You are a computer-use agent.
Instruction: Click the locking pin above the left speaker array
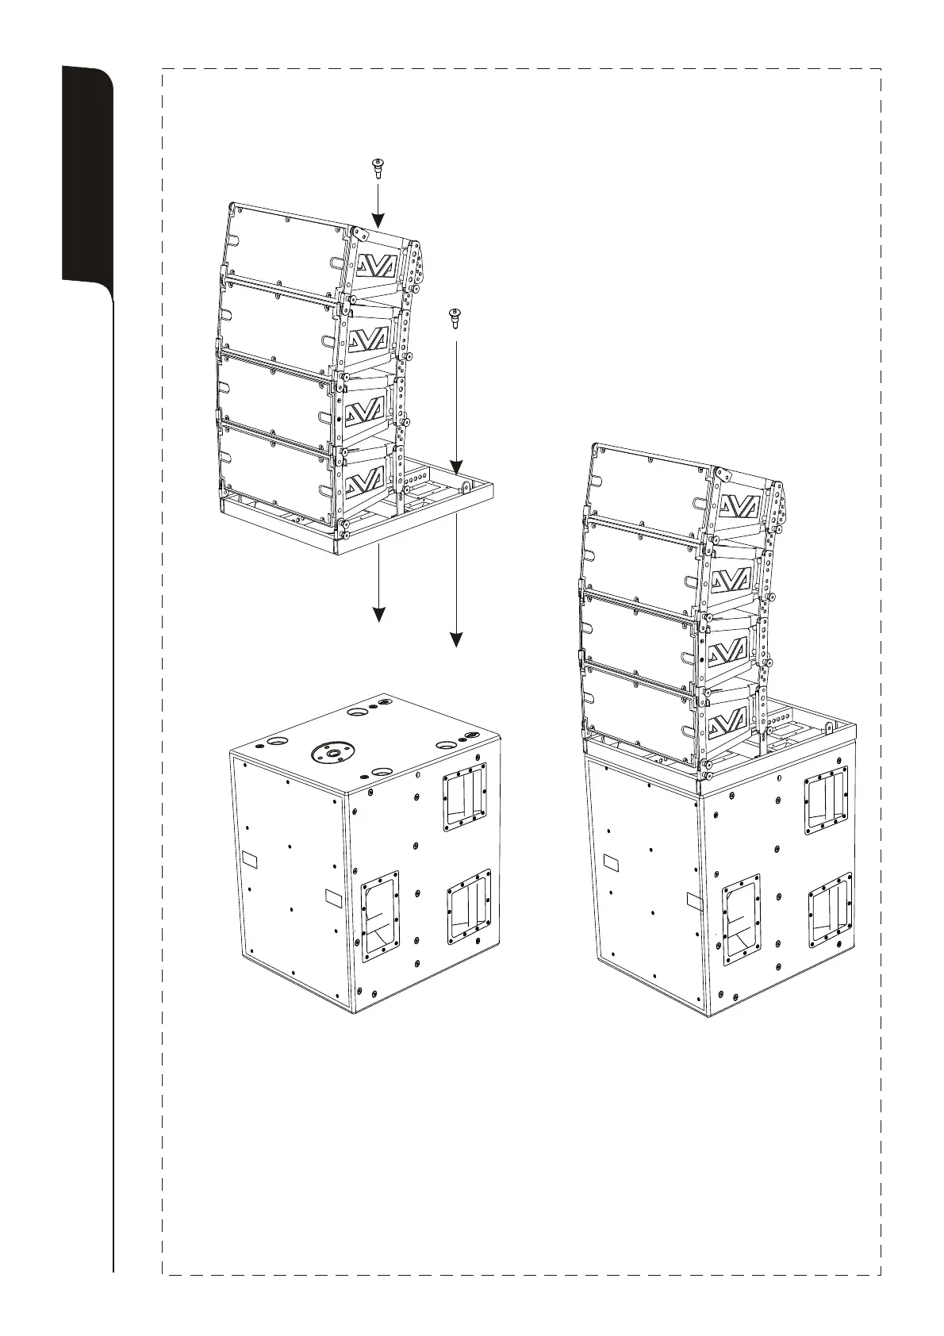(377, 168)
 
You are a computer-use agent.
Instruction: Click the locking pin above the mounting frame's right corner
(455, 317)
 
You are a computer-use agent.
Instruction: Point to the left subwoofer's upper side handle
(466, 797)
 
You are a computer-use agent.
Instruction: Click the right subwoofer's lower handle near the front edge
(741, 915)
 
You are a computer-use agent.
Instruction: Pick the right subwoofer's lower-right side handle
(830, 908)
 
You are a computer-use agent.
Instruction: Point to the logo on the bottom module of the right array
(728, 720)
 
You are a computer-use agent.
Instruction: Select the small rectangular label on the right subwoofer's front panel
(612, 862)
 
